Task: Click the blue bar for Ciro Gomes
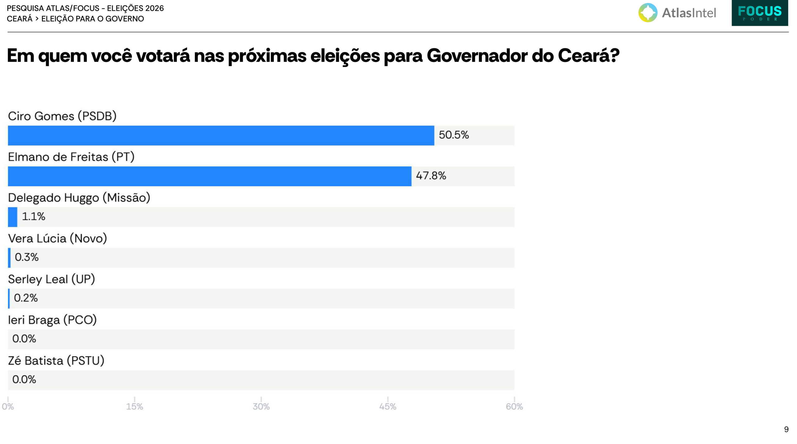[221, 135]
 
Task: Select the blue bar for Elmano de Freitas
[210, 176]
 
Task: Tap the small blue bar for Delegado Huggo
[12, 217]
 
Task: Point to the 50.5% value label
[454, 135]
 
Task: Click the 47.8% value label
[431, 176]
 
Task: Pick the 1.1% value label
[34, 216]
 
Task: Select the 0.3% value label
[27, 257]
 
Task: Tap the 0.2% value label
[26, 298]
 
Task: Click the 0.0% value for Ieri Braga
[24, 339]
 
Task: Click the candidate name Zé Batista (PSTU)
[56, 361]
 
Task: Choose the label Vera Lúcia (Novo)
[58, 239]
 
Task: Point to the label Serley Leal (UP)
[51, 279]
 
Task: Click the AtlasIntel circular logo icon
[648, 13]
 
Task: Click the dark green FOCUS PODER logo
[760, 13]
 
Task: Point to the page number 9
[786, 429]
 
